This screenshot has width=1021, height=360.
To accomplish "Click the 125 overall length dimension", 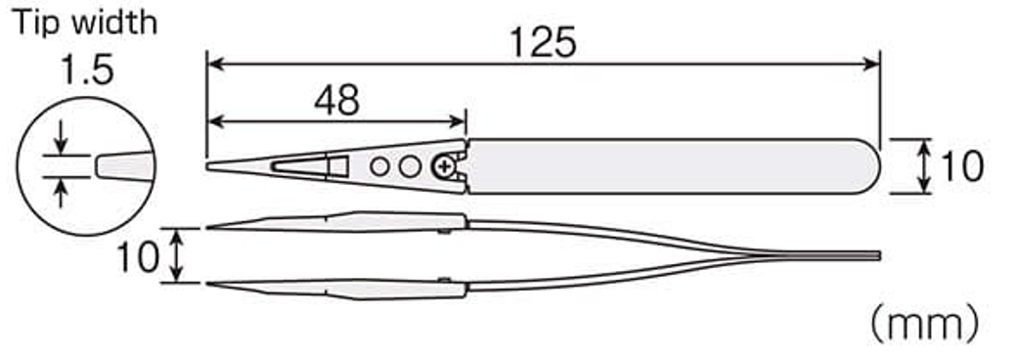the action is [543, 44].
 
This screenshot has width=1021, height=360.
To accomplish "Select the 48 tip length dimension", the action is [336, 101].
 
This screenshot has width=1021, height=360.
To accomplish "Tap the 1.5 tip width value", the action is [87, 69].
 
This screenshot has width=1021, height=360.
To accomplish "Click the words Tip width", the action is [85, 22].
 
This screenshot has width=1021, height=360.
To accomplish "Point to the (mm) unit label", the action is [924, 324].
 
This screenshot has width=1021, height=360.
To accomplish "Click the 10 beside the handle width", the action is [961, 166].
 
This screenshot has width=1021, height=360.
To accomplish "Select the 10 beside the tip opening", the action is [138, 256].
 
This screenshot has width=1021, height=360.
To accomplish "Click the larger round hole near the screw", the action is [410, 167].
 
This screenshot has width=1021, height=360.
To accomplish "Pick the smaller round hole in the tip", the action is [379, 167].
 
